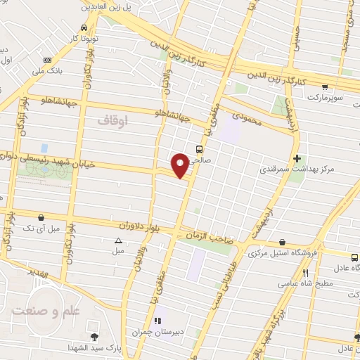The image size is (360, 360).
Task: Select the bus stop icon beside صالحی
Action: click(x=200, y=149)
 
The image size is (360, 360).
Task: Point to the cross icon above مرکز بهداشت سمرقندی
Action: click(x=297, y=158)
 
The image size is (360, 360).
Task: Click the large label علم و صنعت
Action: click(x=38, y=310)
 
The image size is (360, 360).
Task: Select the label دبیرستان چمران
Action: click(x=157, y=331)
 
